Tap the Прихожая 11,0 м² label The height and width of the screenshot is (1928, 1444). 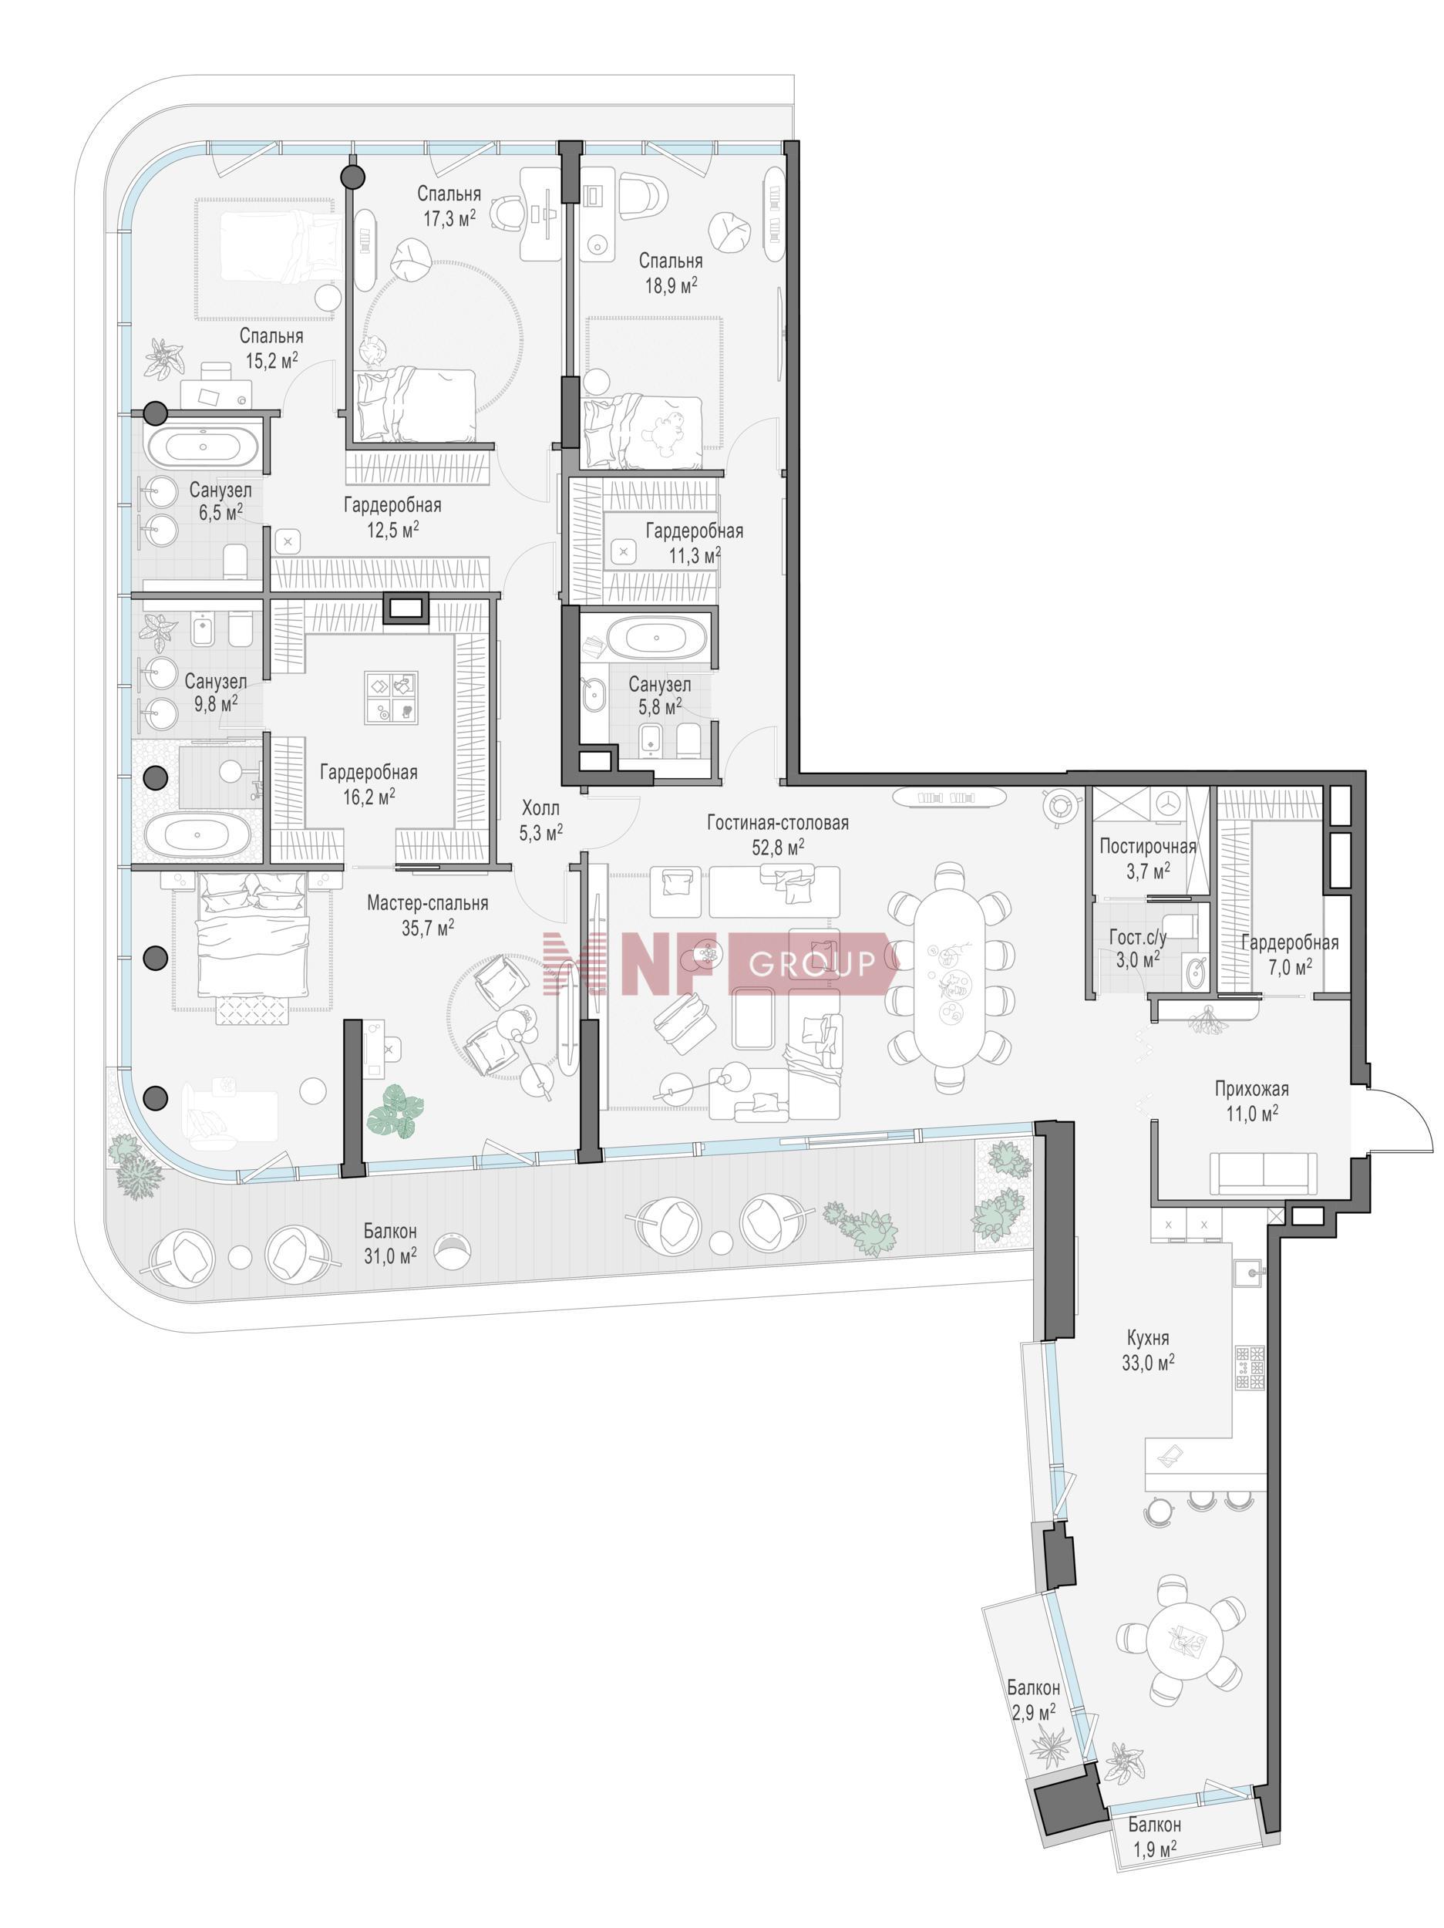[1251, 1099]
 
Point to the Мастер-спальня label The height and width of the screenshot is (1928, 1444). [427, 903]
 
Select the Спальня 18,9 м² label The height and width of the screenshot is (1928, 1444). [670, 272]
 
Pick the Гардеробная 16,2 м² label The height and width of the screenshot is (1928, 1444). [369, 784]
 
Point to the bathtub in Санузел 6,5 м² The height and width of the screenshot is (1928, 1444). [202, 447]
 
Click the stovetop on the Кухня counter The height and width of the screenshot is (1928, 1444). [1249, 1367]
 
